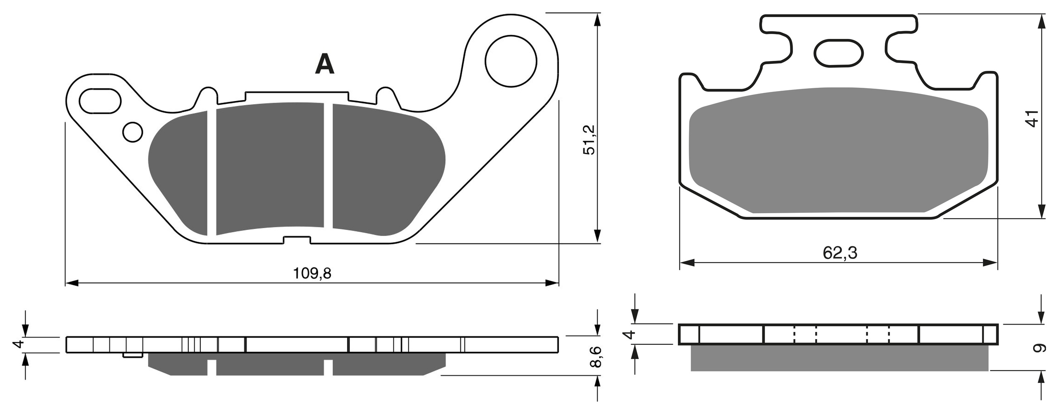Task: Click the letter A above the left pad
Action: pyautogui.click(x=324, y=65)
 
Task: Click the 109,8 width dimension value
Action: pyautogui.click(x=312, y=273)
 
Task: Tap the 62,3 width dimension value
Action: pyautogui.click(x=840, y=253)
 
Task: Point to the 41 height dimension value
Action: pyautogui.click(x=1033, y=118)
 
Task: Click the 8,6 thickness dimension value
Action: pyautogui.click(x=595, y=357)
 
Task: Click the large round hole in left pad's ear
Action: pyautogui.click(x=511, y=62)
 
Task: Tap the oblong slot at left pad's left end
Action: pyautogui.click(x=100, y=101)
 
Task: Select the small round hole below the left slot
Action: pyautogui.click(x=133, y=132)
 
